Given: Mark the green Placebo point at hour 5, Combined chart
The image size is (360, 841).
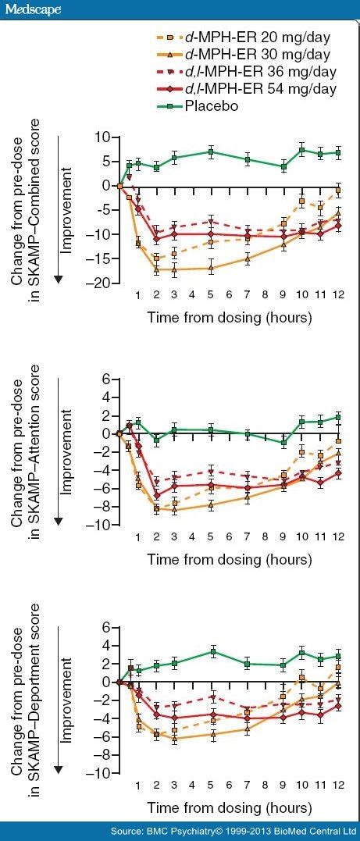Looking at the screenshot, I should [211, 151].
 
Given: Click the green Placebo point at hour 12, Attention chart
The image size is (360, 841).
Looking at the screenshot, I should [338, 417].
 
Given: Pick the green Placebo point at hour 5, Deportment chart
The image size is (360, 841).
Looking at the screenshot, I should [211, 651].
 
